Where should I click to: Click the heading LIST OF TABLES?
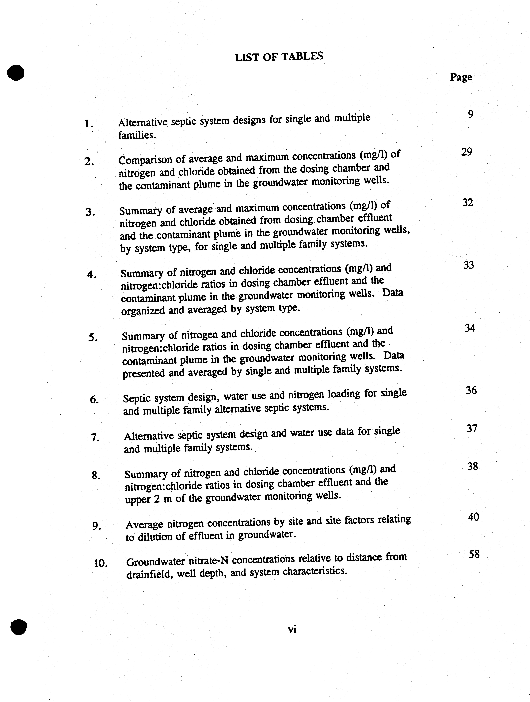coord(279,56)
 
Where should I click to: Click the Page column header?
coord(461,77)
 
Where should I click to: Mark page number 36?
coord(471,390)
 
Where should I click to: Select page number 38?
coord(472,467)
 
